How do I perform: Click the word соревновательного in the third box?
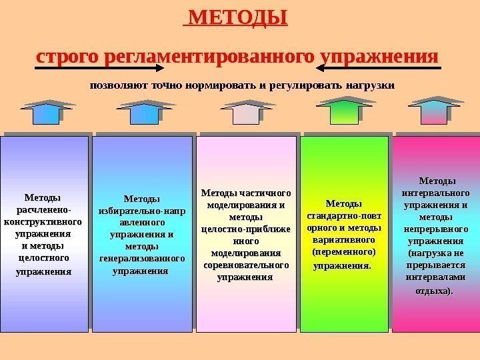click(x=245, y=265)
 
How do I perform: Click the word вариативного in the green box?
click(x=343, y=239)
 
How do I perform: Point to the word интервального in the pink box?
click(x=436, y=193)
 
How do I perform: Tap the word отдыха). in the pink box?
click(x=433, y=291)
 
